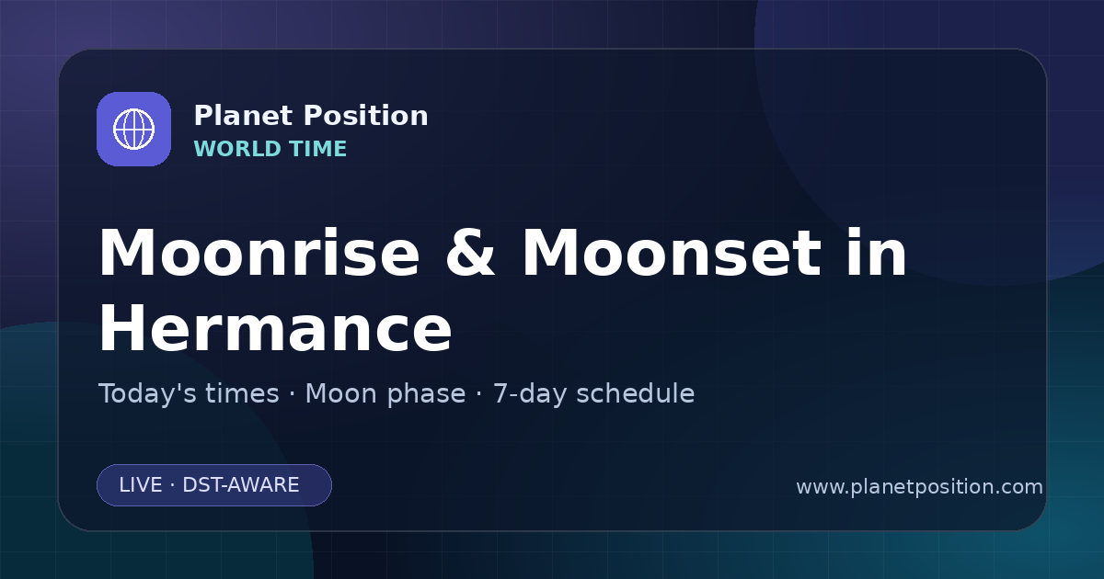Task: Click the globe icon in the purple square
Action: click(x=133, y=129)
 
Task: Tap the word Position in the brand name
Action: click(x=366, y=116)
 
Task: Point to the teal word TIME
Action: click(x=318, y=149)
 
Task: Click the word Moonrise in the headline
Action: click(x=259, y=253)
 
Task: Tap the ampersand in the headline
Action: click(x=470, y=253)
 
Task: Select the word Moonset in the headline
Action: click(x=672, y=253)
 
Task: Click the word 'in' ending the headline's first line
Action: click(x=876, y=252)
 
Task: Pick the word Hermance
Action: click(x=275, y=328)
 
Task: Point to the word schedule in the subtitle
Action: click(x=636, y=394)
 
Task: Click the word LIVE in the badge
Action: click(x=141, y=485)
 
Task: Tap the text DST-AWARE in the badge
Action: click(x=241, y=485)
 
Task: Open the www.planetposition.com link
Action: click(x=920, y=487)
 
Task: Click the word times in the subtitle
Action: click(x=242, y=393)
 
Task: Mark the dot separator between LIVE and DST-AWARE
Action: click(x=172, y=485)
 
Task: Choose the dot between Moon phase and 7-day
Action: click(x=479, y=394)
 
